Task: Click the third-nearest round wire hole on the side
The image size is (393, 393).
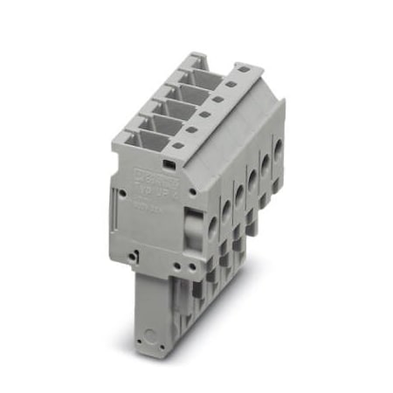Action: pos(241,187)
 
